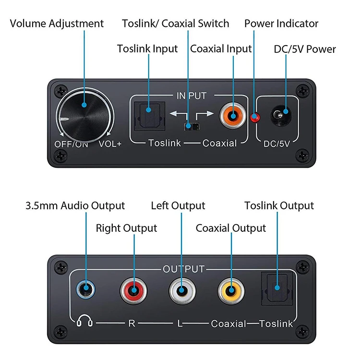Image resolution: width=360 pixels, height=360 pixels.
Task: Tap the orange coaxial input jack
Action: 233,116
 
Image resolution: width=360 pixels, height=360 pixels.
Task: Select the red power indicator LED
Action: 254,118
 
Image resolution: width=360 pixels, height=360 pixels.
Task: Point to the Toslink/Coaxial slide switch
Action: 192,127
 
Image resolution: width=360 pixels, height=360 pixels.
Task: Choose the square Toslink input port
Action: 149,116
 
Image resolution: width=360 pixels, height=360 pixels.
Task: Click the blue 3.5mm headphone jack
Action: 85,289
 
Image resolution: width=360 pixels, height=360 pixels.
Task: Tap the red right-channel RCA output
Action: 133,291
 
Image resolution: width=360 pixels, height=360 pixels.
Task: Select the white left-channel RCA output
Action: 182,291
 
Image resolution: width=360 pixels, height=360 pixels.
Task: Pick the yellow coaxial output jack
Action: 231,291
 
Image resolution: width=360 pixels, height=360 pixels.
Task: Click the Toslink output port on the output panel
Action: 277,288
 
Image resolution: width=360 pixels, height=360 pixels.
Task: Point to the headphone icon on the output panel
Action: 84,320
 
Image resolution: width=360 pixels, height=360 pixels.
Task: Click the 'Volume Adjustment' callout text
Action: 57,24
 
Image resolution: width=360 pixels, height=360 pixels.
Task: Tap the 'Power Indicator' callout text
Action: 281,24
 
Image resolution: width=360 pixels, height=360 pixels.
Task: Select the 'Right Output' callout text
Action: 126,228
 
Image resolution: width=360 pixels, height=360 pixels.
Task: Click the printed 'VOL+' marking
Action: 110,144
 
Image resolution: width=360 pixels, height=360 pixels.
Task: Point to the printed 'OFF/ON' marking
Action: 71,144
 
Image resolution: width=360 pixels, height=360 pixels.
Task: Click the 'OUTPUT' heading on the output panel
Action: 183,269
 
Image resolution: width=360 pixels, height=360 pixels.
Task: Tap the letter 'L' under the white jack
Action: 180,324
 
